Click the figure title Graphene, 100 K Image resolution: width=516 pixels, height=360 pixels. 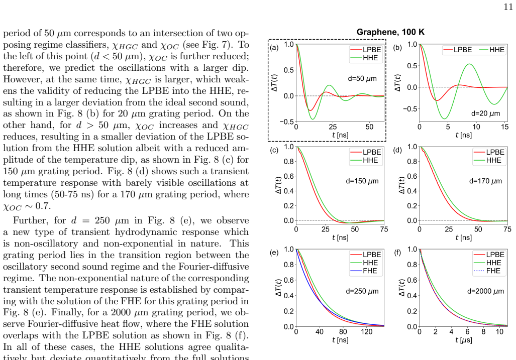(390, 32)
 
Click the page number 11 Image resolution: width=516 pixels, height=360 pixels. (508, 7)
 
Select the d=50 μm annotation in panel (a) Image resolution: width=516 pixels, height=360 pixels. (362, 78)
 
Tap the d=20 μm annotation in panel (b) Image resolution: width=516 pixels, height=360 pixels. (485, 113)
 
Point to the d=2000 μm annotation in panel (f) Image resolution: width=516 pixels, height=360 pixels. (485, 291)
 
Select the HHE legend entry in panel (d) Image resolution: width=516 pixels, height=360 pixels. (487, 161)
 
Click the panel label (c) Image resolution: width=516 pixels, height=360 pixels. (274, 150)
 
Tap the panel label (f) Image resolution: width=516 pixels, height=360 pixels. (397, 253)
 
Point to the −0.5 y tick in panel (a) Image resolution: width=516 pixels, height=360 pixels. (286, 122)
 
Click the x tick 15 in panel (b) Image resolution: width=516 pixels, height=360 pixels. (505, 127)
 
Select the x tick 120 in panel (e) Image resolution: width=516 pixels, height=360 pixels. (366, 332)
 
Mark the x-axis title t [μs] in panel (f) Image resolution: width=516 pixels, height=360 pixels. (463, 340)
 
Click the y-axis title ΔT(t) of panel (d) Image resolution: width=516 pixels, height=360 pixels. (401, 185)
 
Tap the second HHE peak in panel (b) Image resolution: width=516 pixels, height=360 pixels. (470, 64)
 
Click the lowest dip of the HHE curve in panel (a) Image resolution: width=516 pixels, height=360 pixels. (313, 119)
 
